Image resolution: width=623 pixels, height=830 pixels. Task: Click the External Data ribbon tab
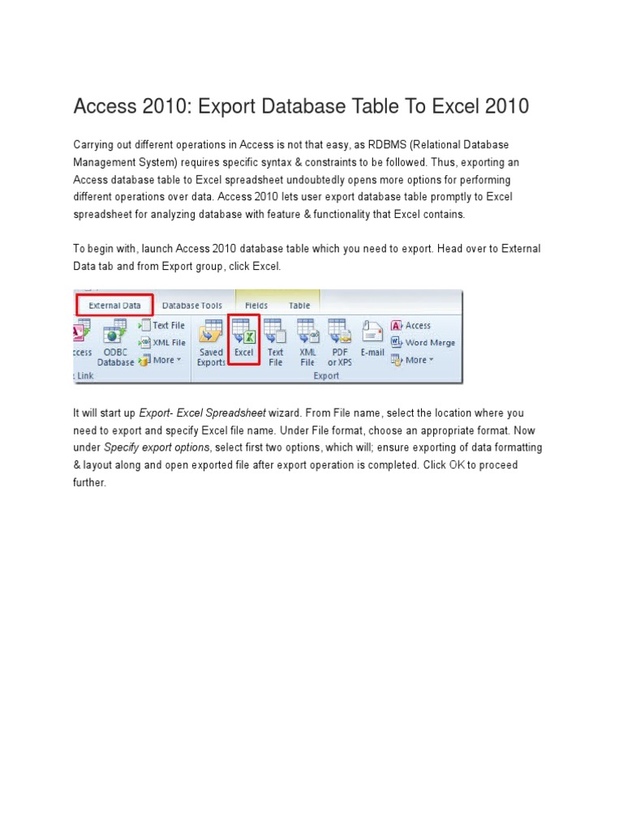coord(114,306)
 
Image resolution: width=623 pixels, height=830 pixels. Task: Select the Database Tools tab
coord(191,306)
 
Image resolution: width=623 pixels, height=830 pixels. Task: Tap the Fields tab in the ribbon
coord(256,306)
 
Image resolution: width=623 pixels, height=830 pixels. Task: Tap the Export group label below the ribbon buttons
coord(326,376)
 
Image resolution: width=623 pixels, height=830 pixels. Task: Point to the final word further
coord(89,482)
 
